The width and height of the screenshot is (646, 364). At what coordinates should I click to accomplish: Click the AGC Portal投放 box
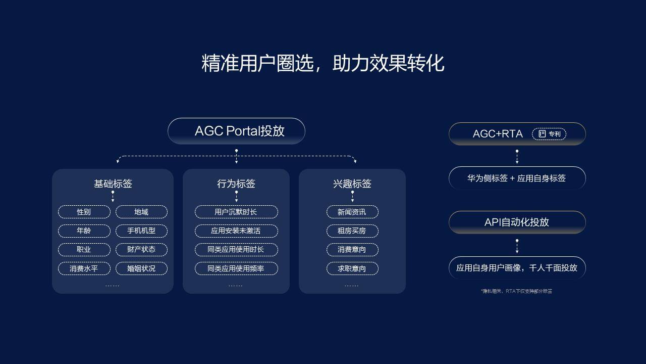[236, 131]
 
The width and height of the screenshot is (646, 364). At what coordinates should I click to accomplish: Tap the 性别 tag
[84, 212]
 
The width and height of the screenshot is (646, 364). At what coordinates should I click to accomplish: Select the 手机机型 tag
[141, 231]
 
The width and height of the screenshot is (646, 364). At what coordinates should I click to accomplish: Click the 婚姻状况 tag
[141, 268]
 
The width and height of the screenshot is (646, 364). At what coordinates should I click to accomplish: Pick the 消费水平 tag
[84, 268]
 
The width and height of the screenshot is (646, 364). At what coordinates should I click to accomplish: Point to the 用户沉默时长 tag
[236, 212]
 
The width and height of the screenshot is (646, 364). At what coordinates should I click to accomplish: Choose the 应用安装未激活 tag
[236, 231]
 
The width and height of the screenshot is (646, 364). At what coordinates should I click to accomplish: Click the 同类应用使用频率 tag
[236, 268]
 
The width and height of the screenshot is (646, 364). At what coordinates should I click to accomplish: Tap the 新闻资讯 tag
[352, 212]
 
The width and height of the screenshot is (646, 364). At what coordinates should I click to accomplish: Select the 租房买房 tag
[352, 231]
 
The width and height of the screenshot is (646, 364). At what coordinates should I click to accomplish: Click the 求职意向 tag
[352, 268]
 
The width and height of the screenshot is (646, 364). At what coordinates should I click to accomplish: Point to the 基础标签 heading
[113, 184]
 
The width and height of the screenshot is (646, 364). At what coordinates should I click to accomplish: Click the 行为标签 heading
[236, 184]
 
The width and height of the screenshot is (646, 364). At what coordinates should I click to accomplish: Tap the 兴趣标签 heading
[352, 184]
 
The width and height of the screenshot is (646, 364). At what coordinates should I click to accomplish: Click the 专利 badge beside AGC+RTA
[549, 134]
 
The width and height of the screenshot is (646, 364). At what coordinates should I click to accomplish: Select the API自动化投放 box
[517, 222]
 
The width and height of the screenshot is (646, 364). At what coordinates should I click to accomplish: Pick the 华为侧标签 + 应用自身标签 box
[517, 178]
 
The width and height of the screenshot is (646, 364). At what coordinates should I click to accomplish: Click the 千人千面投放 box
[517, 267]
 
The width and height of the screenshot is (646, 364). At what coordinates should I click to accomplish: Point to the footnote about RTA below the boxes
[517, 291]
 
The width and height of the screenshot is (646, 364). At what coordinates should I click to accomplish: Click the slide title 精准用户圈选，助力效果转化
[322, 63]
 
